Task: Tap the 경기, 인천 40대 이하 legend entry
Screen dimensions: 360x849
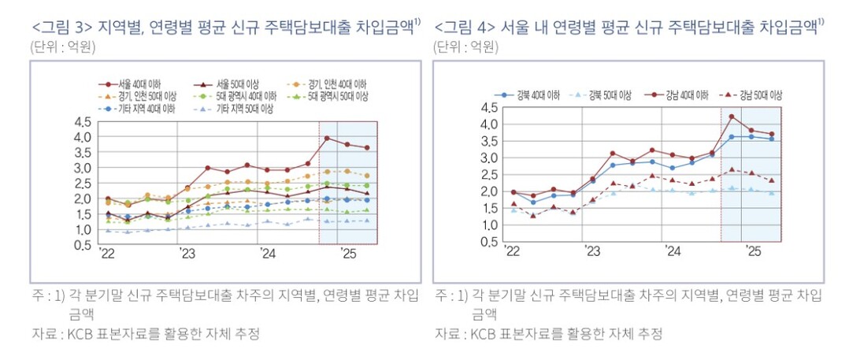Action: tap(339, 84)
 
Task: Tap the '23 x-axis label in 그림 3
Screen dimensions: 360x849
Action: tap(186, 254)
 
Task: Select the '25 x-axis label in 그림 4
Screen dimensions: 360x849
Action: tap(752, 251)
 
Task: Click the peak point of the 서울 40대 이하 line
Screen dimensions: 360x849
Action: tap(327, 139)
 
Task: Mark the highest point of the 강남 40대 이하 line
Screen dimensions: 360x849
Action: tap(732, 117)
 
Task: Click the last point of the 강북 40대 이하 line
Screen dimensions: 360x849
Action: tap(771, 139)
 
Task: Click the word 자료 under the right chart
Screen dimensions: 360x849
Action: tap(447, 333)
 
